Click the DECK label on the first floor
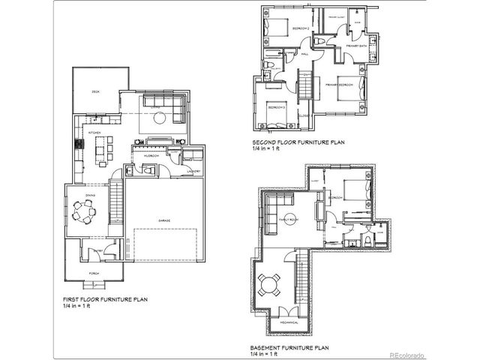(96, 91)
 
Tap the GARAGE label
(163, 220)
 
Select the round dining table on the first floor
(83, 214)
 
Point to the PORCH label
(95, 272)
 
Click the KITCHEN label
(94, 132)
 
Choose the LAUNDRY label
(192, 172)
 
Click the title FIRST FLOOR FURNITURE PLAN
(103, 299)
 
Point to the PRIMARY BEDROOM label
(340, 85)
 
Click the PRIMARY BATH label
(355, 46)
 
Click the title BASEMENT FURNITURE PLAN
(289, 348)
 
